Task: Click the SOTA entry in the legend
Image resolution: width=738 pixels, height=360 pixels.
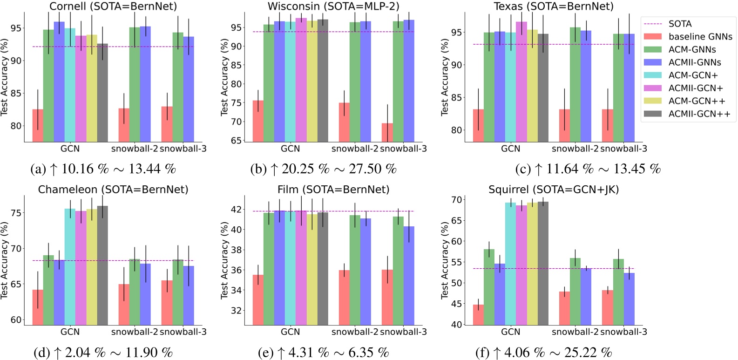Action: click(680, 24)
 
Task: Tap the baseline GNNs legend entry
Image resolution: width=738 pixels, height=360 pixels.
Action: click(700, 37)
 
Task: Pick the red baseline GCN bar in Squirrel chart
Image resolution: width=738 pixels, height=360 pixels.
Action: click(478, 314)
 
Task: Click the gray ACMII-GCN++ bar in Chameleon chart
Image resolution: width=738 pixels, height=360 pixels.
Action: click(102, 265)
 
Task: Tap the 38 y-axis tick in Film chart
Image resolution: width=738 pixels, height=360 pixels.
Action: click(237, 250)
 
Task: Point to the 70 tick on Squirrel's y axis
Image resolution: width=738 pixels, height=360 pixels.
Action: click(457, 200)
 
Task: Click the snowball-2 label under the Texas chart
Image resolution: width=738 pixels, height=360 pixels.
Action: click(575, 149)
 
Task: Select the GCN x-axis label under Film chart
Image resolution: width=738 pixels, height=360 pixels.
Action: click(290, 332)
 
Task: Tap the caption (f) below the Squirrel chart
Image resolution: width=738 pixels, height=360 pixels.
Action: click(543, 352)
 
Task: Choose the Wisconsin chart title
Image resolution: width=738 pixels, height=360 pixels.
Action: click(333, 7)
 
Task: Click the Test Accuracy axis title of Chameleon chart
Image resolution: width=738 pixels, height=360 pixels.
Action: click(5, 260)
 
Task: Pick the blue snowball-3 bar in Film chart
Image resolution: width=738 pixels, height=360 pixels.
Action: click(409, 275)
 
